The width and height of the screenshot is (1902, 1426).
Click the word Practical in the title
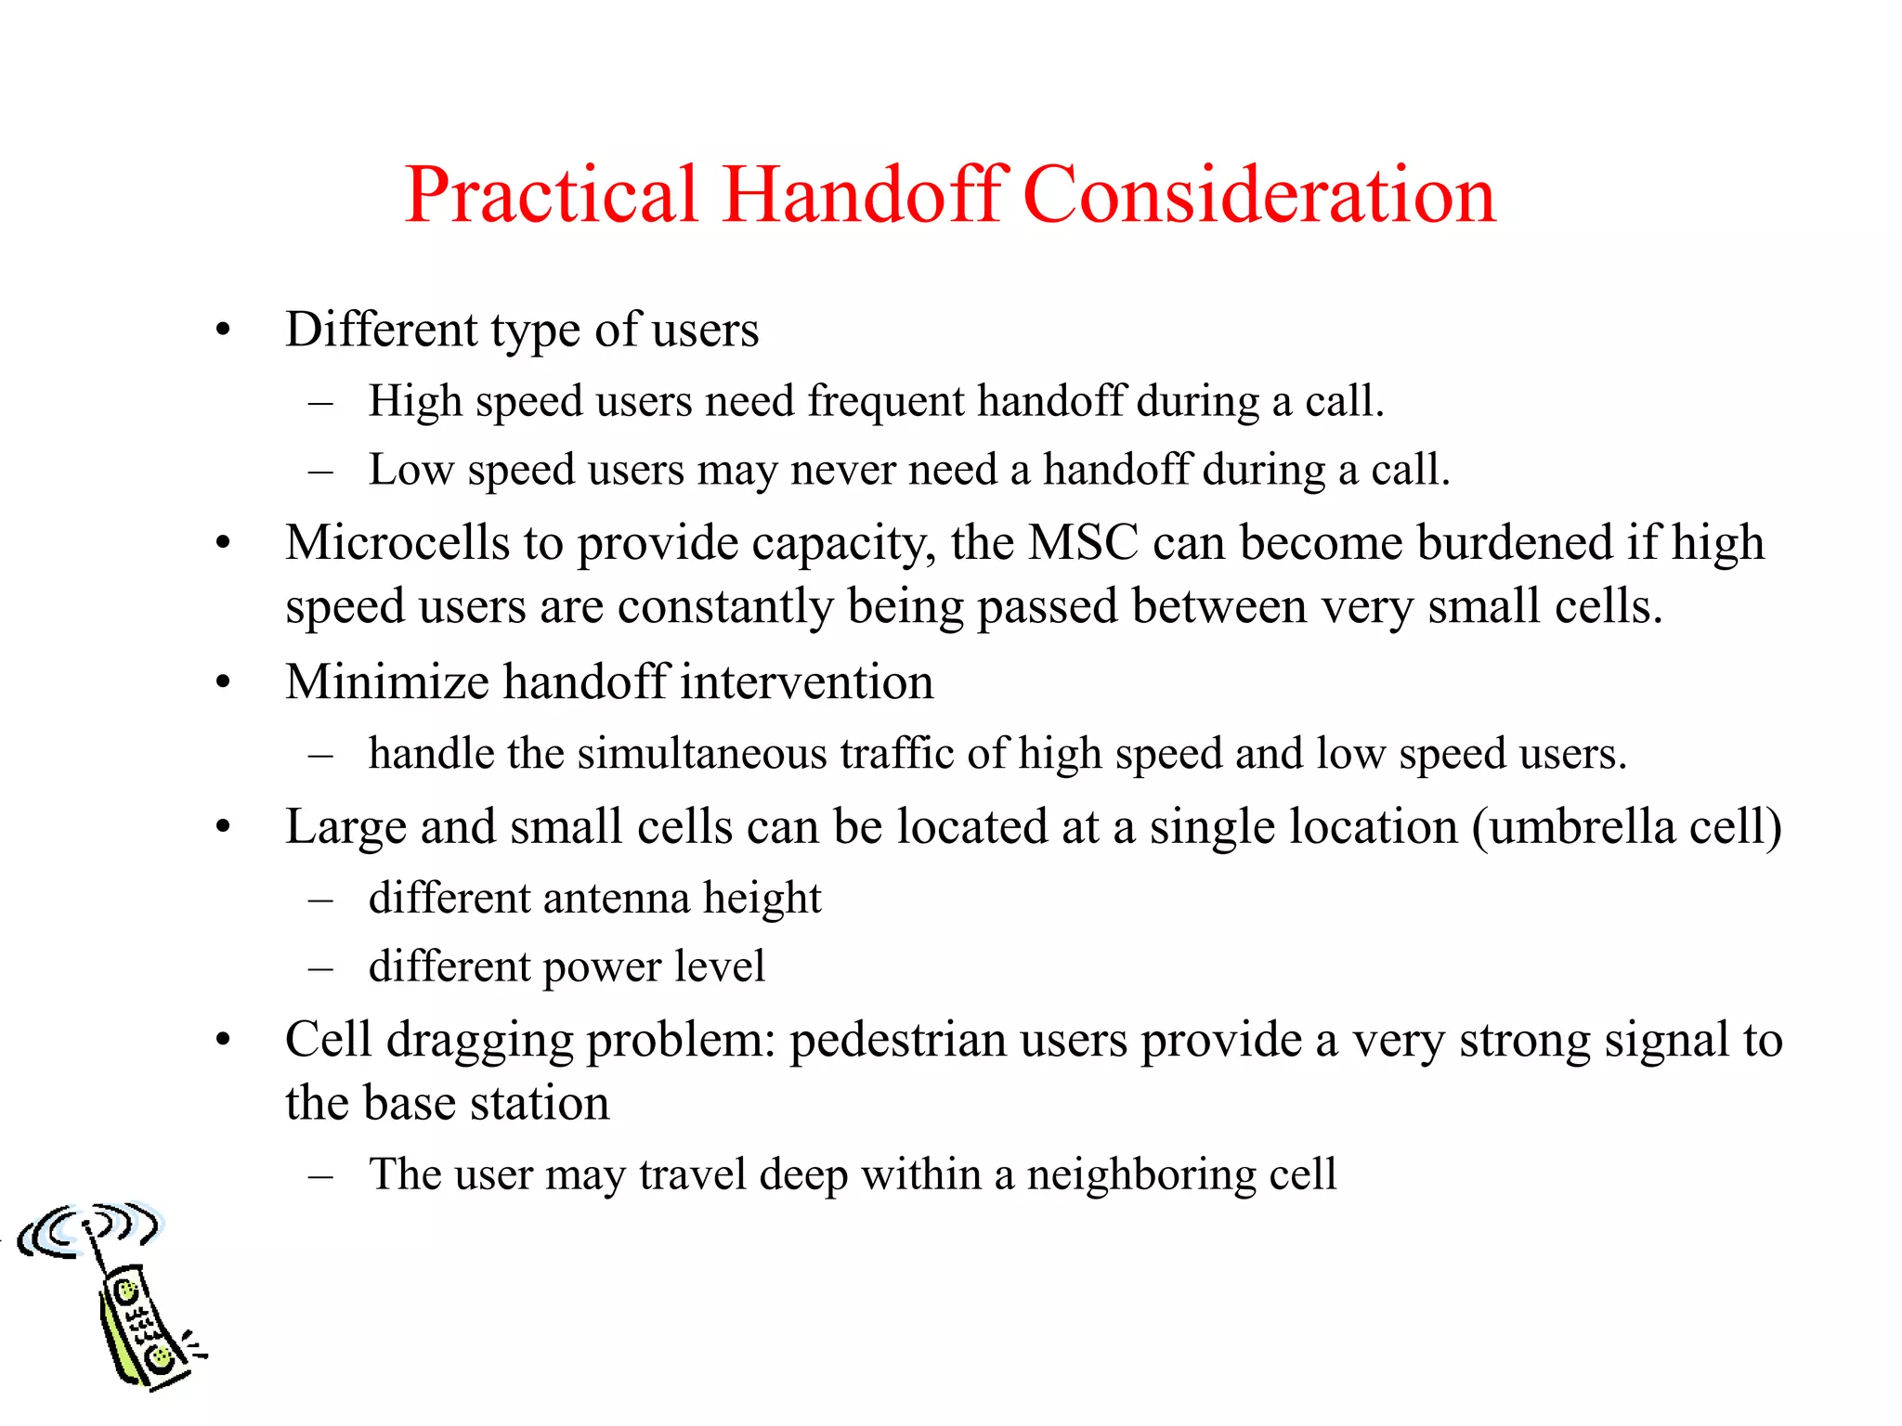point(551,195)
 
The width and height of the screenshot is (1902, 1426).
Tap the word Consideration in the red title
point(1259,195)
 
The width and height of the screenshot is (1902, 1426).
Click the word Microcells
point(397,542)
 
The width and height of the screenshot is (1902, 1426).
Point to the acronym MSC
point(1083,542)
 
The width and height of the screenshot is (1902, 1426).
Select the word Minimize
point(387,681)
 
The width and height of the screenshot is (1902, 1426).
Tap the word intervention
point(806,681)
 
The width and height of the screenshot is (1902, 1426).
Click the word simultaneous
point(701,753)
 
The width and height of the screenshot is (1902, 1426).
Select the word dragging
point(479,1040)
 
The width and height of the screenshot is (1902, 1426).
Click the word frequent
point(886,401)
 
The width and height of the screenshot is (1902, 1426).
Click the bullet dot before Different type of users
point(222,331)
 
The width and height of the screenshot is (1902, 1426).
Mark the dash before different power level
point(320,968)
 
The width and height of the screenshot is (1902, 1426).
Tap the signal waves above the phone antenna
point(88,1225)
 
